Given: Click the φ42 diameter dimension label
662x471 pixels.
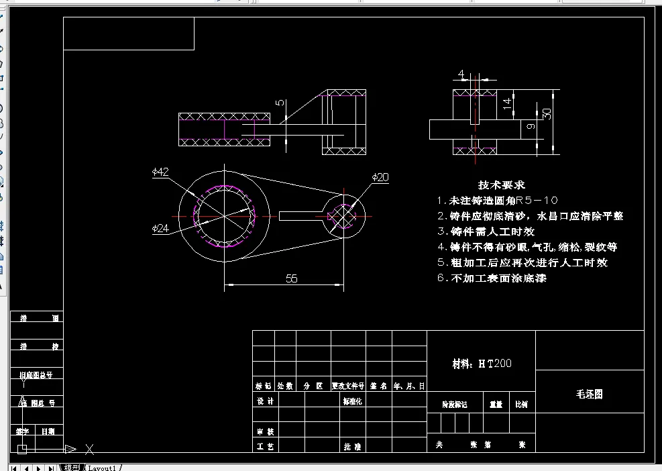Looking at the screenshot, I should coord(160,172).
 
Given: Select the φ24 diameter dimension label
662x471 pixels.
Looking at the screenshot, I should coord(160,228).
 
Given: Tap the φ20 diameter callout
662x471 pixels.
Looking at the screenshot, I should coord(380,177).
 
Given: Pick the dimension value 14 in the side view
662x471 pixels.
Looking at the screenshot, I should coord(508,103).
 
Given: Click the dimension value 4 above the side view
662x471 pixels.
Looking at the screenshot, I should coord(461,73).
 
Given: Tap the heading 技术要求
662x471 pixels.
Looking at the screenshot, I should coord(501,185).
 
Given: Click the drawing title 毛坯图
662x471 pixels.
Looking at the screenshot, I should coord(590,394).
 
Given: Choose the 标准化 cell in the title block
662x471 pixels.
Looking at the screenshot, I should coord(352,401).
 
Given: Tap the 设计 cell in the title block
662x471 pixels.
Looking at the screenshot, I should coord(266,401).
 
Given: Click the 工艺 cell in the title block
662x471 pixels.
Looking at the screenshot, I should coord(266,446).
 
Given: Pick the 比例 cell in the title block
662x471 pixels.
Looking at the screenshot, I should coord(521,405).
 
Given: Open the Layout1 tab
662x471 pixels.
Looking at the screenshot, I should coord(103,467).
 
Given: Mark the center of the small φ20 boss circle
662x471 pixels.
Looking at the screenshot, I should coord(344,216).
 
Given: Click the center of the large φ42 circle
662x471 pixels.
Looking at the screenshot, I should coord(225,216).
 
